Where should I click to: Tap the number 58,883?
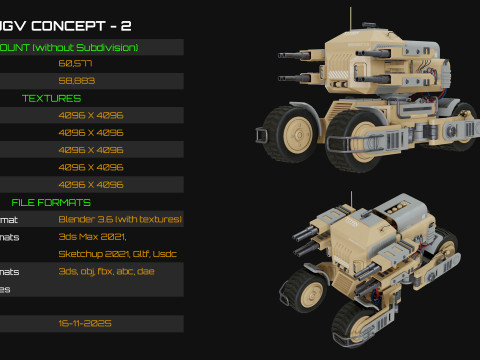click(x=77, y=80)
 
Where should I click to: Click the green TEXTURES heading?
click(x=52, y=98)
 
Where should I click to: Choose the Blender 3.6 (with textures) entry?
click(x=120, y=219)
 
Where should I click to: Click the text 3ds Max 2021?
click(x=88, y=236)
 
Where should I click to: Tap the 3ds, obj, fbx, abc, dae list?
click(x=106, y=271)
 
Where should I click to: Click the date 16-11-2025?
click(x=85, y=323)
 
